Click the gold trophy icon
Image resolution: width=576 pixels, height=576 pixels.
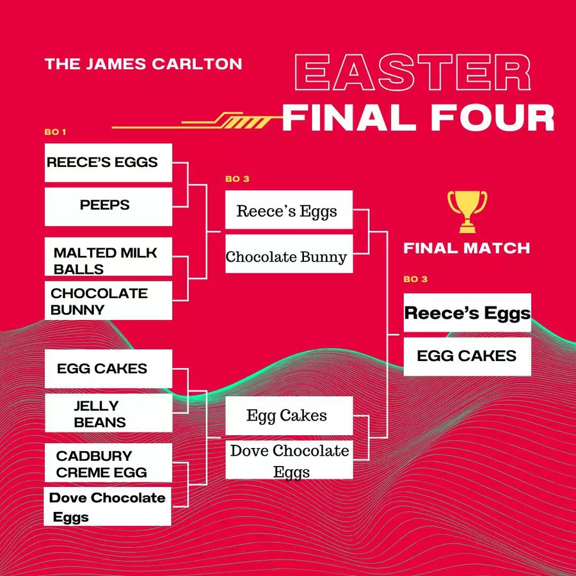point(467,212)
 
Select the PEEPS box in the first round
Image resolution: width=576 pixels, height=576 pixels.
point(108,207)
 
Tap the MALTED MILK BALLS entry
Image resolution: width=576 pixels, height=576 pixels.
point(108,257)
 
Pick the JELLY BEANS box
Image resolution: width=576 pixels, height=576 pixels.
point(108,413)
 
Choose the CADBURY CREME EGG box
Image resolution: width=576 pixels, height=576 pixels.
point(108,463)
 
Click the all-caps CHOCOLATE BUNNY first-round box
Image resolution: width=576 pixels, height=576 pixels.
point(108,301)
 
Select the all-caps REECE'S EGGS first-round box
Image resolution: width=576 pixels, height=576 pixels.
point(108,163)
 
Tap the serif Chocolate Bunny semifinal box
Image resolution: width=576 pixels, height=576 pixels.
point(289,254)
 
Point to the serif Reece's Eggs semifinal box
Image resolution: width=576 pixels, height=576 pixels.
point(289,210)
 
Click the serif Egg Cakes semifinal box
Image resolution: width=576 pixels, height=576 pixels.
point(289,415)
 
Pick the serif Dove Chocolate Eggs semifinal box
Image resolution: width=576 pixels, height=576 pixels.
point(289,460)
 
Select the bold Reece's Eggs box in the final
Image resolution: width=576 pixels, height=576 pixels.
point(467,312)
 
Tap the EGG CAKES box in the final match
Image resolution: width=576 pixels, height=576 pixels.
point(467,356)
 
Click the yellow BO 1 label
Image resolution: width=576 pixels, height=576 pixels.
point(55,132)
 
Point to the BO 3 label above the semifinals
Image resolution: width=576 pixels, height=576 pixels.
point(237,179)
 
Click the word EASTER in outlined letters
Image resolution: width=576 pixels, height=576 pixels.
point(413,72)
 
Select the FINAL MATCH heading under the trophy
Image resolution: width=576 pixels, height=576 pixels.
point(467,248)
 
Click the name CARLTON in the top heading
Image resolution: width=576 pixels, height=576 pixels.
point(197,64)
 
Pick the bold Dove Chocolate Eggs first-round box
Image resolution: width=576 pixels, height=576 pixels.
point(108,507)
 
